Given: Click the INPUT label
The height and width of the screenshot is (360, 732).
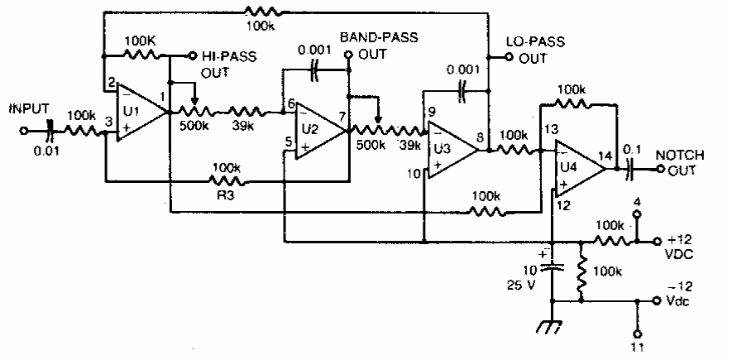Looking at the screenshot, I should click(28, 108).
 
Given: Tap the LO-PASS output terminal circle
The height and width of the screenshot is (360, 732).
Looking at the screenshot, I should click(509, 57).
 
